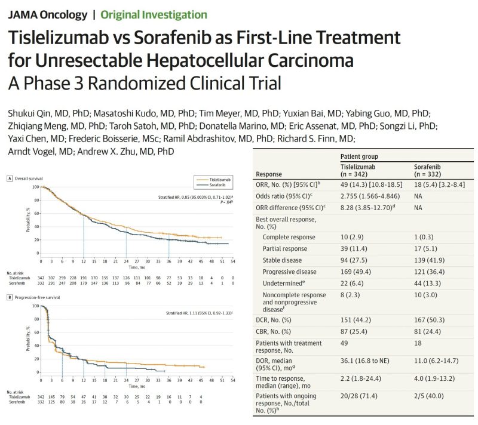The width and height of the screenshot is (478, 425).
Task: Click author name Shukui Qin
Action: click(30, 113)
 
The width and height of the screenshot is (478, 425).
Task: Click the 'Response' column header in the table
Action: click(269, 174)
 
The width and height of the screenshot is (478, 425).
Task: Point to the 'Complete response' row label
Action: click(289, 237)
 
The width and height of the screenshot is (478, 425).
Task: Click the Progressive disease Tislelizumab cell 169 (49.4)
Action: click(352, 271)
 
